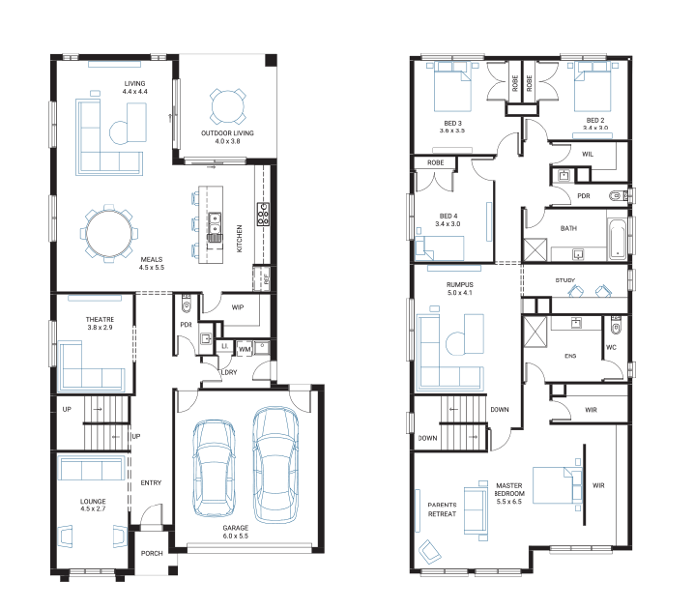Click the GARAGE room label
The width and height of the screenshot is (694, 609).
(236, 528)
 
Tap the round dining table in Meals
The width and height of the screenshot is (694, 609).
(109, 233)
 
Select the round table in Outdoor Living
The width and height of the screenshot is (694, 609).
(227, 106)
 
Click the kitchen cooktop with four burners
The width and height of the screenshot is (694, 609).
(263, 215)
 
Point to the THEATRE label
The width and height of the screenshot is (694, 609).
(100, 319)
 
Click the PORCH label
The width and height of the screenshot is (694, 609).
(152, 553)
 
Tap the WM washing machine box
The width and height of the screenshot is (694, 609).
(245, 349)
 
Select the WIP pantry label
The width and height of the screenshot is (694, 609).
(238, 307)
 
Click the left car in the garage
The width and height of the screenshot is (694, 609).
(214, 468)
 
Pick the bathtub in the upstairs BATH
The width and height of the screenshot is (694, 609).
(617, 239)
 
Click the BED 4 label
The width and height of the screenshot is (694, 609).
(448, 216)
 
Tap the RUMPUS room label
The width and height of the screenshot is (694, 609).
(460, 284)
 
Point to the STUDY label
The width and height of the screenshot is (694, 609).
(565, 280)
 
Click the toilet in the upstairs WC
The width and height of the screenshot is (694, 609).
(616, 326)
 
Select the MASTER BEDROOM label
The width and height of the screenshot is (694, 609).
(509, 489)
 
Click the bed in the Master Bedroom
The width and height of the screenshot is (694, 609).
(558, 485)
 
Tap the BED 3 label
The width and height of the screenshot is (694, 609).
(452, 123)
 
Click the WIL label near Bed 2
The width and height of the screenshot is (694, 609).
(588, 154)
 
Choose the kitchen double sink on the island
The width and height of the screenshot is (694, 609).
(215, 223)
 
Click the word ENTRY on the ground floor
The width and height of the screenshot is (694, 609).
(151, 483)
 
